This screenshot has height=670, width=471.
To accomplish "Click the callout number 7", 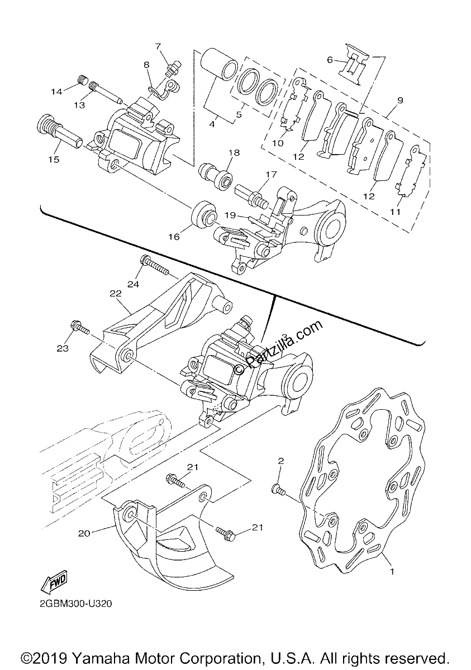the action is (158, 46).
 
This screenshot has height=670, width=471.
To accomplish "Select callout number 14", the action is (56, 91).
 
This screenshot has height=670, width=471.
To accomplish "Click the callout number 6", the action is (330, 60).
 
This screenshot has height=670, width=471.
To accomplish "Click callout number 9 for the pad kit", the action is (401, 100).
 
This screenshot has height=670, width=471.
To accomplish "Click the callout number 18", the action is (234, 152).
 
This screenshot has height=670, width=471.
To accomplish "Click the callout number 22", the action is (116, 294).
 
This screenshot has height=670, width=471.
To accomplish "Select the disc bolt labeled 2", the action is (278, 490).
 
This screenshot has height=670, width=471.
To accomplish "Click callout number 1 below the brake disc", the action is (392, 572).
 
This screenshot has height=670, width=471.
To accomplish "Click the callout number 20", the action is (84, 533).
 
